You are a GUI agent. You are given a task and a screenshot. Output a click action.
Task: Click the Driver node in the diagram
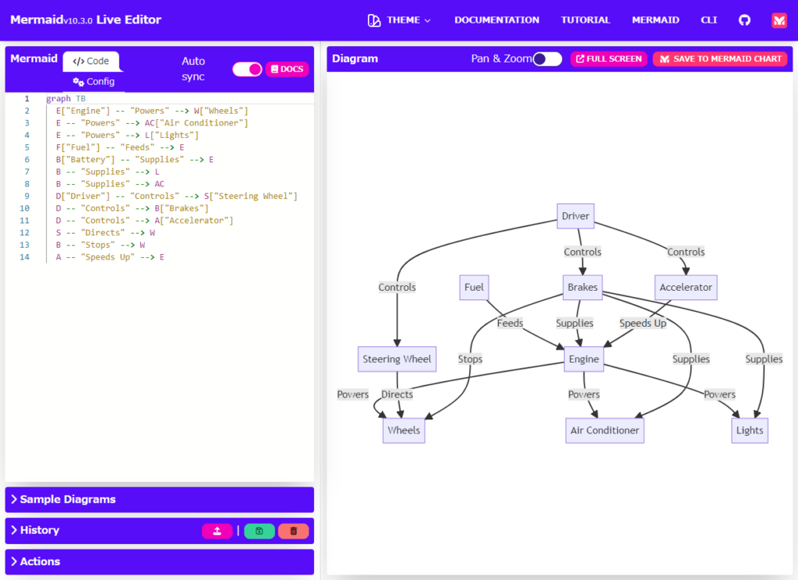pos(576,216)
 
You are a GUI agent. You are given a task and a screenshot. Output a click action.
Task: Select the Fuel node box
pos(474,287)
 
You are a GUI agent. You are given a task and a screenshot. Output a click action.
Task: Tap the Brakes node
pos(582,287)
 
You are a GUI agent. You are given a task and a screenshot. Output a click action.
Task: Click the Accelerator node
pos(686,287)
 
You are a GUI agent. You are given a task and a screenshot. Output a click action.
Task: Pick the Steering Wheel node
pos(397,359)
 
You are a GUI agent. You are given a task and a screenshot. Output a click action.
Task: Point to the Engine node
pos(584,359)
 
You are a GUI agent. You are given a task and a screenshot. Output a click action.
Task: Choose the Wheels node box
pos(404,430)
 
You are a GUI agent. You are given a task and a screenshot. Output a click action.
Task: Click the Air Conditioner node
pos(605,430)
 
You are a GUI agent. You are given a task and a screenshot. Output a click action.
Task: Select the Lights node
pos(750,430)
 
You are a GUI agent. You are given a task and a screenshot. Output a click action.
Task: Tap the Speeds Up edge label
pos(643,323)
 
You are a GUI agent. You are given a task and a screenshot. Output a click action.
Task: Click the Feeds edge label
pos(510,323)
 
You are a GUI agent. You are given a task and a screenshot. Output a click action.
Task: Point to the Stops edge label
pos(470,359)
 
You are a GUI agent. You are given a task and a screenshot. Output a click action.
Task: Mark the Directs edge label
pos(397,394)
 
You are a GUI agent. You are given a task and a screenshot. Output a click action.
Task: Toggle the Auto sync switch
pos(247,69)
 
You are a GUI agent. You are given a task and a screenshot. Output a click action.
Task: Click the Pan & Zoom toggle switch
pos(547,59)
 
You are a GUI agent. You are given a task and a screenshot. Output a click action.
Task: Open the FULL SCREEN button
pos(609,59)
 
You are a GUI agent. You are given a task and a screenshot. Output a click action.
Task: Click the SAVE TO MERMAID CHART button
pos(720,59)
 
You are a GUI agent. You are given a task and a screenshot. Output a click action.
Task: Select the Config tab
pos(94,81)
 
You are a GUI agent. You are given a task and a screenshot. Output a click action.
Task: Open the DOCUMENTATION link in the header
pos(496,20)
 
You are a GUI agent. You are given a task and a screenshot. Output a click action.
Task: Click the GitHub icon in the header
pos(744,20)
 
